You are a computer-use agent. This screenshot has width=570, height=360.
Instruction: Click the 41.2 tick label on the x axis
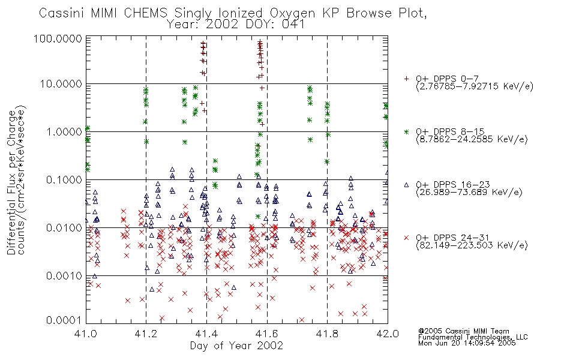[x=146, y=334]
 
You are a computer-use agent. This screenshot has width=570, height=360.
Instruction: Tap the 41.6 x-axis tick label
[x=267, y=334]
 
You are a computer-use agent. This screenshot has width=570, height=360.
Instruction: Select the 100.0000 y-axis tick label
[x=58, y=38]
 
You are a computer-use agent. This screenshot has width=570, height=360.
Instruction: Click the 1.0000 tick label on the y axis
[x=64, y=131]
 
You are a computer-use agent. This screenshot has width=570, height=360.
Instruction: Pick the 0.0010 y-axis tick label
[x=64, y=276]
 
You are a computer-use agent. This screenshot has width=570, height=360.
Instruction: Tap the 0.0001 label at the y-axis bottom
[x=64, y=320]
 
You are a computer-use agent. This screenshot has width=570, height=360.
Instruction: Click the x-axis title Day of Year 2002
[x=236, y=346]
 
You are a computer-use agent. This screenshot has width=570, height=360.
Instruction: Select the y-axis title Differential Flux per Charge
[x=11, y=182]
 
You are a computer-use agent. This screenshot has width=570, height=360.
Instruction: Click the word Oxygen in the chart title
[x=293, y=13]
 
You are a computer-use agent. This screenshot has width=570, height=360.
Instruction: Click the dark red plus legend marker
[x=406, y=79]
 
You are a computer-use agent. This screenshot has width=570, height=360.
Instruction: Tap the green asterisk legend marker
[x=406, y=131]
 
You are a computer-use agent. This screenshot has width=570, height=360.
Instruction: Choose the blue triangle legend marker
[x=406, y=185]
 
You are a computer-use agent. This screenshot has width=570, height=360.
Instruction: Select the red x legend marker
[x=406, y=238]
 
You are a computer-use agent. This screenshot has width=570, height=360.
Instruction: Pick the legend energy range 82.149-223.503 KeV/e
[x=472, y=245]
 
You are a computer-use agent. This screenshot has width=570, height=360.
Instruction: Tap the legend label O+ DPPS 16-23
[x=453, y=184]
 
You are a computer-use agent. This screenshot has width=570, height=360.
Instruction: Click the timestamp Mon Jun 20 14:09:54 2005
[x=467, y=343]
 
